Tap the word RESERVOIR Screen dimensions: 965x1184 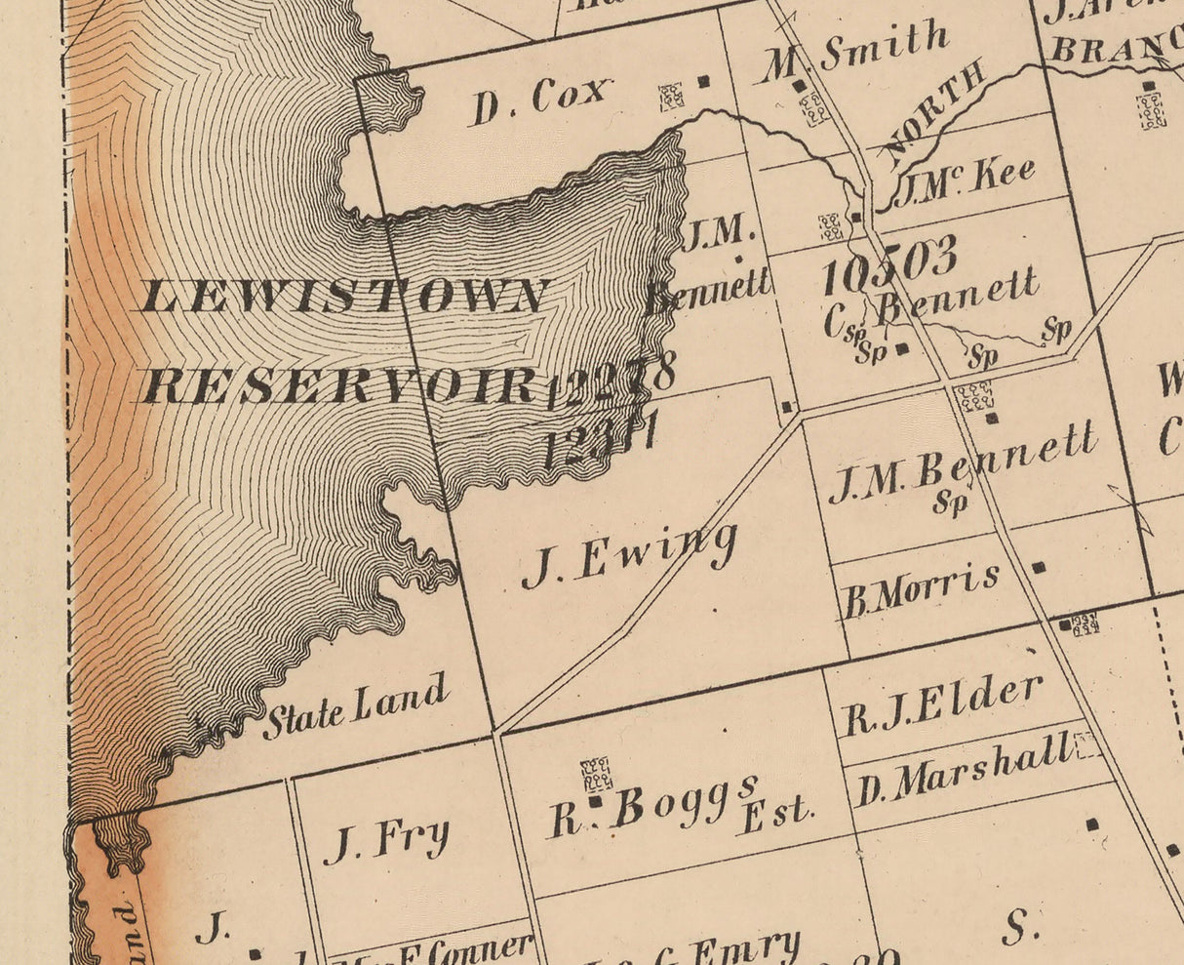click(336, 386)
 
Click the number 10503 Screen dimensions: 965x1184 click(888, 265)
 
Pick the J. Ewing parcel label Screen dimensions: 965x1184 click(629, 557)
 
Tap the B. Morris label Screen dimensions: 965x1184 click(921, 590)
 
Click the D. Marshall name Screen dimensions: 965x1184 click(962, 772)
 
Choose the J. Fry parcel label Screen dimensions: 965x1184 click(388, 840)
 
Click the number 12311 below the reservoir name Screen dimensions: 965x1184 click(598, 438)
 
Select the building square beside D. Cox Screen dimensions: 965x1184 click(703, 82)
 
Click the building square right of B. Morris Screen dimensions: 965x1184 click(1039, 567)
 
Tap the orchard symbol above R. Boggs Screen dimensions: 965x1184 click(596, 774)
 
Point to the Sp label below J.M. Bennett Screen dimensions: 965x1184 click(950, 503)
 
